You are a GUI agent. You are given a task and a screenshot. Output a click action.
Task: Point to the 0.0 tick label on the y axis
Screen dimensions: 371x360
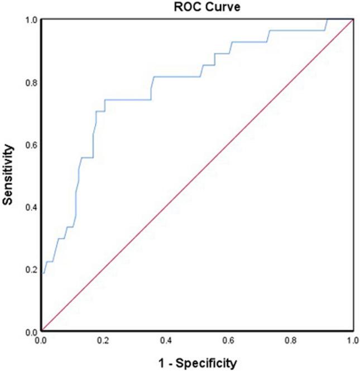(x=31, y=331)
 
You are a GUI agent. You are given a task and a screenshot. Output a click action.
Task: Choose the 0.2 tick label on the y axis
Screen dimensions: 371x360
(x=31, y=269)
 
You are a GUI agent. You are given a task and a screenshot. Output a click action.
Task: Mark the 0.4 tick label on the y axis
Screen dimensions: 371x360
(x=31, y=207)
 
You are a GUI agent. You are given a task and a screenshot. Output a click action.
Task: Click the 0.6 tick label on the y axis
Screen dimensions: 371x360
(x=31, y=145)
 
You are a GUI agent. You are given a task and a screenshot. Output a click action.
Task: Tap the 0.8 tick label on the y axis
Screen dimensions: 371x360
(x=31, y=83)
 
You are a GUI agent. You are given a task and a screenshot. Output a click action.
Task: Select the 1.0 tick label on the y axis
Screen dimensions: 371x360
(x=31, y=20)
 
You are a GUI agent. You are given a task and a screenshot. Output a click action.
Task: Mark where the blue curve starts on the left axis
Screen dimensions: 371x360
(x=42, y=273)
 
